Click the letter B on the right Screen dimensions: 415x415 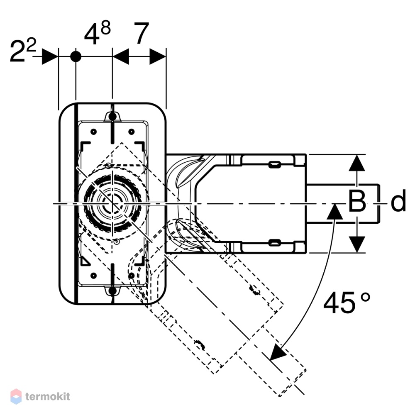tap(357, 201)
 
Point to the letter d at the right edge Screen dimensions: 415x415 tap(398, 200)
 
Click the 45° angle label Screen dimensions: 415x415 tap(347, 302)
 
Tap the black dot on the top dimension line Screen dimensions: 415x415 tap(76, 56)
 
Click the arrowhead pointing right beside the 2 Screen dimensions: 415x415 tap(50, 56)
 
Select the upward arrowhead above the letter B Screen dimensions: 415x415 tap(357, 163)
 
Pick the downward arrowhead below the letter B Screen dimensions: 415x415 tap(357, 244)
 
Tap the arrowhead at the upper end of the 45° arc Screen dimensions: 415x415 tap(334, 211)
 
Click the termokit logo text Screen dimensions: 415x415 tap(48, 396)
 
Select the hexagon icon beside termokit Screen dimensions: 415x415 tap(16, 396)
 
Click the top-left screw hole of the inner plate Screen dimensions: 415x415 tap(93, 132)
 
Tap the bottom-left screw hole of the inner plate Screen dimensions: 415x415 tap(93, 276)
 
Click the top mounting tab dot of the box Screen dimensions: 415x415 tap(112, 117)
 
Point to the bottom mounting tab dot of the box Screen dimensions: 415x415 tap(112, 291)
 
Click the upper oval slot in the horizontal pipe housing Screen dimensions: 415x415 tap(275, 164)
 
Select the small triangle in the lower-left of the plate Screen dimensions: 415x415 tap(85, 261)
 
